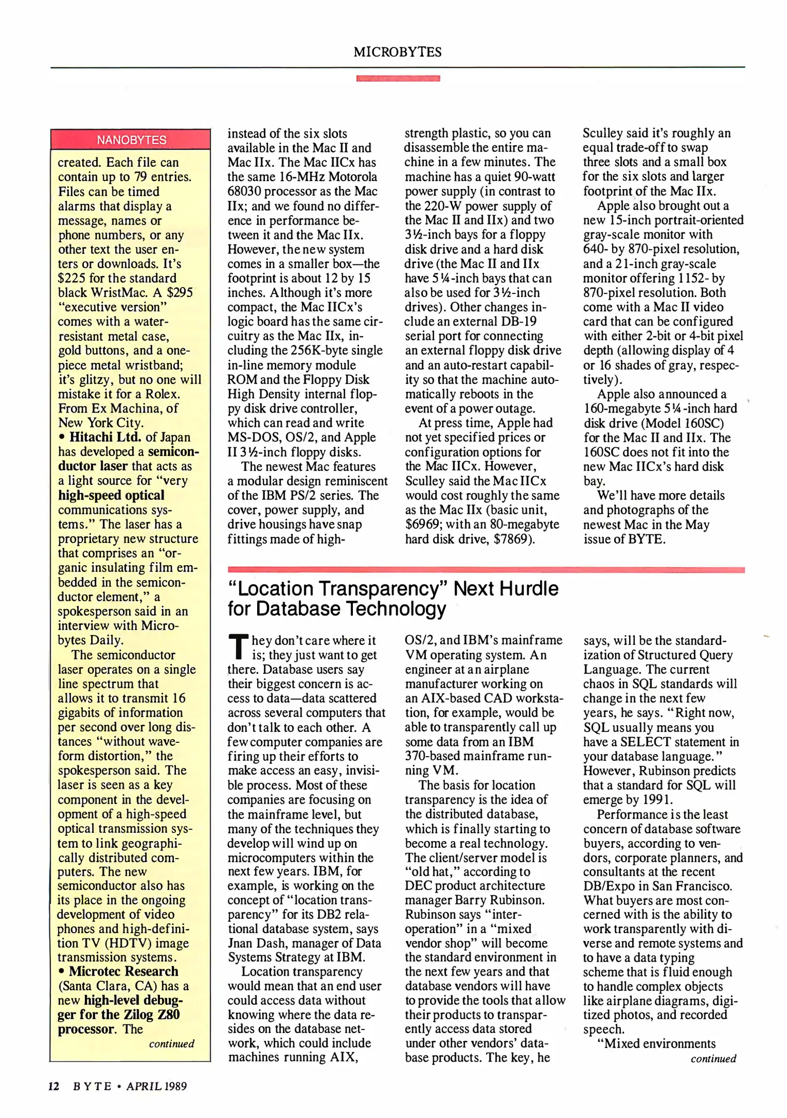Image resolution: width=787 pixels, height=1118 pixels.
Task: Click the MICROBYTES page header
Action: click(397, 52)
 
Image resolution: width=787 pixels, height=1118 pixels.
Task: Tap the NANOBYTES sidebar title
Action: click(131, 140)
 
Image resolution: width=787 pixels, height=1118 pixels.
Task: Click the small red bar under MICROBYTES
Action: click(397, 78)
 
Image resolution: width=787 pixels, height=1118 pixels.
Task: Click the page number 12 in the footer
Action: click(54, 1086)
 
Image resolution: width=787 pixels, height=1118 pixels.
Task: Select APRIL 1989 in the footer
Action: click(157, 1086)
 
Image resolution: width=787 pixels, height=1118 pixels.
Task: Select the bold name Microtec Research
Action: click(123, 971)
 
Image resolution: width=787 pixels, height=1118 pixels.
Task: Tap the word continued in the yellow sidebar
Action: click(171, 1043)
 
